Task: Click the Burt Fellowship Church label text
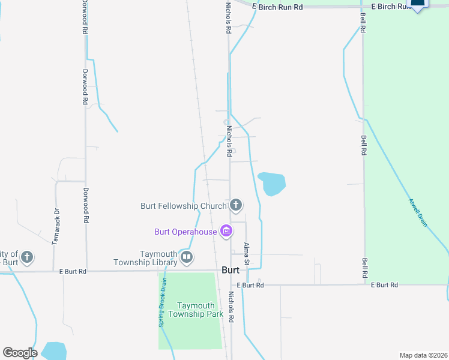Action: [182, 206]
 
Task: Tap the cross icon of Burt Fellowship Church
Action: [236, 206]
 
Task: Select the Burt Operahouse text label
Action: [185, 231]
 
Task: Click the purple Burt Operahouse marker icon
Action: [226, 230]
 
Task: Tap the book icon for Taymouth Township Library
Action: [187, 258]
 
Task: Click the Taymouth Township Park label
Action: [196, 310]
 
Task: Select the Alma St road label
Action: [246, 254]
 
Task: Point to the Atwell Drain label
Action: [418, 212]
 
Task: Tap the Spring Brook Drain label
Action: [163, 301]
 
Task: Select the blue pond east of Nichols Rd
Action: [271, 183]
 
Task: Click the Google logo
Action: [20, 353]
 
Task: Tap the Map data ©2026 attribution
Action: [423, 355]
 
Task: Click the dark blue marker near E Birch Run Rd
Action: [418, 4]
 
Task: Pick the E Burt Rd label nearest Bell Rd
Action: [384, 285]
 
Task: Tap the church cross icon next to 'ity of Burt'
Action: [26, 258]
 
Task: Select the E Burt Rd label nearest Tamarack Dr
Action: [73, 272]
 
